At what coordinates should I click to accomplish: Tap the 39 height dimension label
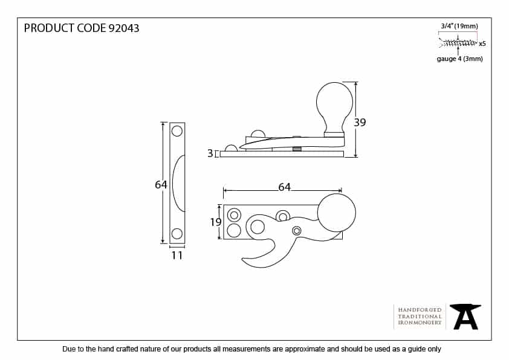click(360, 122)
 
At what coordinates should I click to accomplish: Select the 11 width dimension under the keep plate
click(177, 256)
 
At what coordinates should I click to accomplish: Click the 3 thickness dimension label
click(210, 154)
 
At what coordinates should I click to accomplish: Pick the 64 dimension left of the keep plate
click(160, 185)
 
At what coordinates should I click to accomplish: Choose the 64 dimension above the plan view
click(284, 187)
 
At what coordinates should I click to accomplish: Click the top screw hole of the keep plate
click(177, 130)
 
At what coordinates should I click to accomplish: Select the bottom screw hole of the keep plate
click(177, 234)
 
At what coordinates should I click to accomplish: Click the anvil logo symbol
click(465, 316)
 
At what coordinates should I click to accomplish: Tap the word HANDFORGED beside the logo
click(420, 309)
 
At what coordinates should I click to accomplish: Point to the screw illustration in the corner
click(458, 43)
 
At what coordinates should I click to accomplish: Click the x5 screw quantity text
click(482, 43)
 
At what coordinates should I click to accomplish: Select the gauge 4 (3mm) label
click(459, 59)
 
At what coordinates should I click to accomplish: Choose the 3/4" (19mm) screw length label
click(459, 26)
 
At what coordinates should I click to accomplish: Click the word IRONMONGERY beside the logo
click(420, 323)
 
